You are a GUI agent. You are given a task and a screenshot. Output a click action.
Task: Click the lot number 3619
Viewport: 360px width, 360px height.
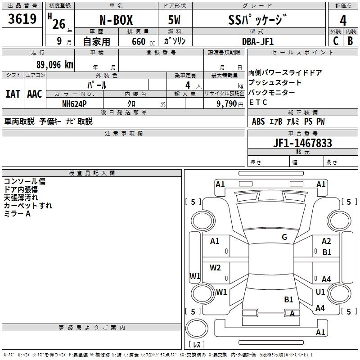(22, 19)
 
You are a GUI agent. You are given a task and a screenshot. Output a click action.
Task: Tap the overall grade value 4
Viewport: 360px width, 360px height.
(343, 20)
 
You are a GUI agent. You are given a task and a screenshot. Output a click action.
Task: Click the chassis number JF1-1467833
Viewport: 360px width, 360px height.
(302, 143)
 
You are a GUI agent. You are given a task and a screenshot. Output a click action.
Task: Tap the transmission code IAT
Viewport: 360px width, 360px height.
(13, 94)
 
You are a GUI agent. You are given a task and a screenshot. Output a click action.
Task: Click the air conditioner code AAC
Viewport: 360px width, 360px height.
(35, 94)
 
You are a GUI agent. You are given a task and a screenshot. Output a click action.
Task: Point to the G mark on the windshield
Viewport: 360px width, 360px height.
(284, 237)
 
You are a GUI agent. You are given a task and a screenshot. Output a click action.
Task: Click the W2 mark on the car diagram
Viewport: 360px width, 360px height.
(215, 268)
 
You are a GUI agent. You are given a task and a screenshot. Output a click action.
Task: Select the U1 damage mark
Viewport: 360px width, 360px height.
(320, 292)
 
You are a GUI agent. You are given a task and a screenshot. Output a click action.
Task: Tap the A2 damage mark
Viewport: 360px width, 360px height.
(326, 241)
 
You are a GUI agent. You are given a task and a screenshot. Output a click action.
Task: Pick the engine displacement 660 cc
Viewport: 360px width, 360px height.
(140, 41)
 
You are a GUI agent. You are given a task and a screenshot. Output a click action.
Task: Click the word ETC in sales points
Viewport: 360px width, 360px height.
(258, 102)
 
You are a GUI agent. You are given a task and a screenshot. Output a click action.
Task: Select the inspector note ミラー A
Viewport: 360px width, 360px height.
(17, 214)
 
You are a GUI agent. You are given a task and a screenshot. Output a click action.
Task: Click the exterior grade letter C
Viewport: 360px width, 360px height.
(335, 41)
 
